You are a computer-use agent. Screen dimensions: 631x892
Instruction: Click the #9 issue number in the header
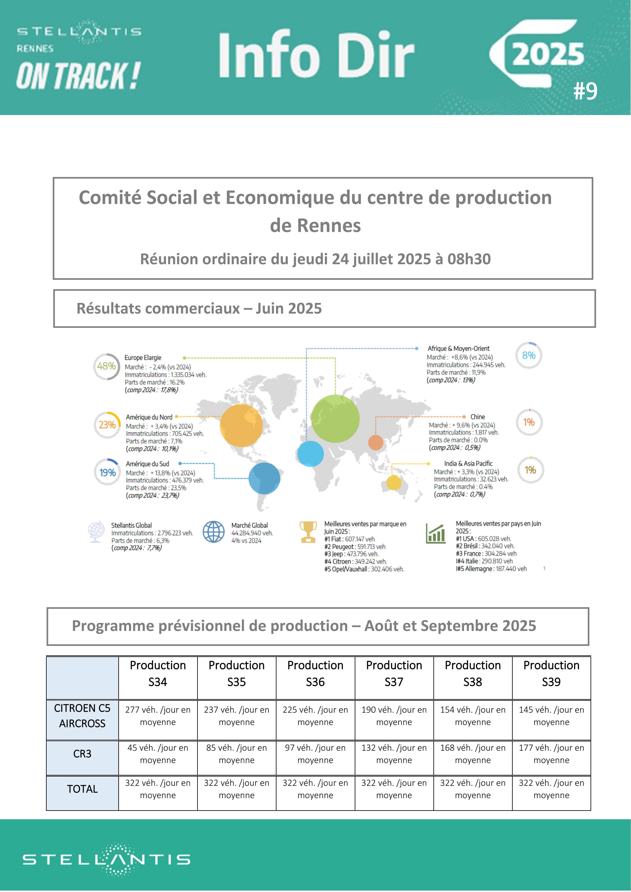[x=586, y=91]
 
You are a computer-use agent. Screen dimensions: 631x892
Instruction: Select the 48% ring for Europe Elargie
[x=106, y=366]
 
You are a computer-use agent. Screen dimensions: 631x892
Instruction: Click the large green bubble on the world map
[x=335, y=418]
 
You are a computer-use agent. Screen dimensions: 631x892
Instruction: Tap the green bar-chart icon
[x=436, y=533]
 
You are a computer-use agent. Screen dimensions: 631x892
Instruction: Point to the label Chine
[x=478, y=417]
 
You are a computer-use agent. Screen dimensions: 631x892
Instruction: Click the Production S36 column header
[x=315, y=673]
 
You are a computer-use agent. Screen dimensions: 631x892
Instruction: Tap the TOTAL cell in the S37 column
[x=394, y=789]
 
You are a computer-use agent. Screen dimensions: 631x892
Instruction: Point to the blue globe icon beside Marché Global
[x=214, y=532]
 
